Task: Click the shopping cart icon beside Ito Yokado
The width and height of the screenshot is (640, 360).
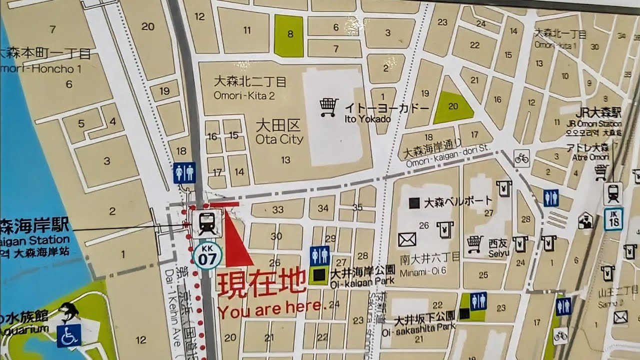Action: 328,107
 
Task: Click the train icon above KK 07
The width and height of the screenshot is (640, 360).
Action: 206,223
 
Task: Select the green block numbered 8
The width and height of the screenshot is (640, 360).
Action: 289,35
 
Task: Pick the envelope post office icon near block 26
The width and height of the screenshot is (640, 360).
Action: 407,240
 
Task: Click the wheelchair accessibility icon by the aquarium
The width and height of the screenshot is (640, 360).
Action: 69,336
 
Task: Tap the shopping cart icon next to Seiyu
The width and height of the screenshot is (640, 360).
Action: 474,243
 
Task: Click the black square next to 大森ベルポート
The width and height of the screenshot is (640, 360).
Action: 414,203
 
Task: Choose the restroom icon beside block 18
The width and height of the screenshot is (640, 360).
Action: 184,172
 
